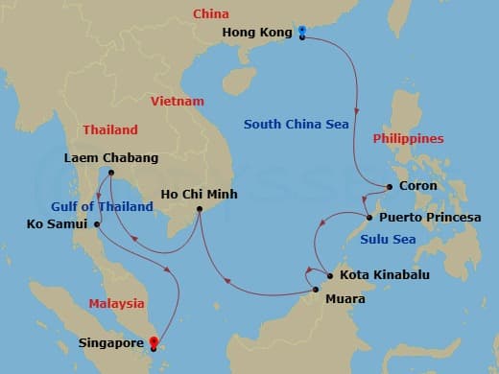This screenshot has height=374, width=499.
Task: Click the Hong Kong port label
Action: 256,33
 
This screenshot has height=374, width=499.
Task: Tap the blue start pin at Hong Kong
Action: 302,32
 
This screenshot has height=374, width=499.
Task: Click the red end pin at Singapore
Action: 154,340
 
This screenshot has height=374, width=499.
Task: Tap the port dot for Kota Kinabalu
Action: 330,276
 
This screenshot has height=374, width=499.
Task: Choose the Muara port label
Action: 345,296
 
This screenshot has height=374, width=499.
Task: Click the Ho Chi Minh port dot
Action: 200,209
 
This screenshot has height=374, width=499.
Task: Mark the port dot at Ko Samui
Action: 98,224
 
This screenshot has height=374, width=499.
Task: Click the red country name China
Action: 211,13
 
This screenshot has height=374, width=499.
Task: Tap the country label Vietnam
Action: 178,101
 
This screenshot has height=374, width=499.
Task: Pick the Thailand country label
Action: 110,129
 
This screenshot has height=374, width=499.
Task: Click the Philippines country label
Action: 409,138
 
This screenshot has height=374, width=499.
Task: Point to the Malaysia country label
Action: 116,303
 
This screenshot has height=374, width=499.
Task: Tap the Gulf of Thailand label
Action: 103,206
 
